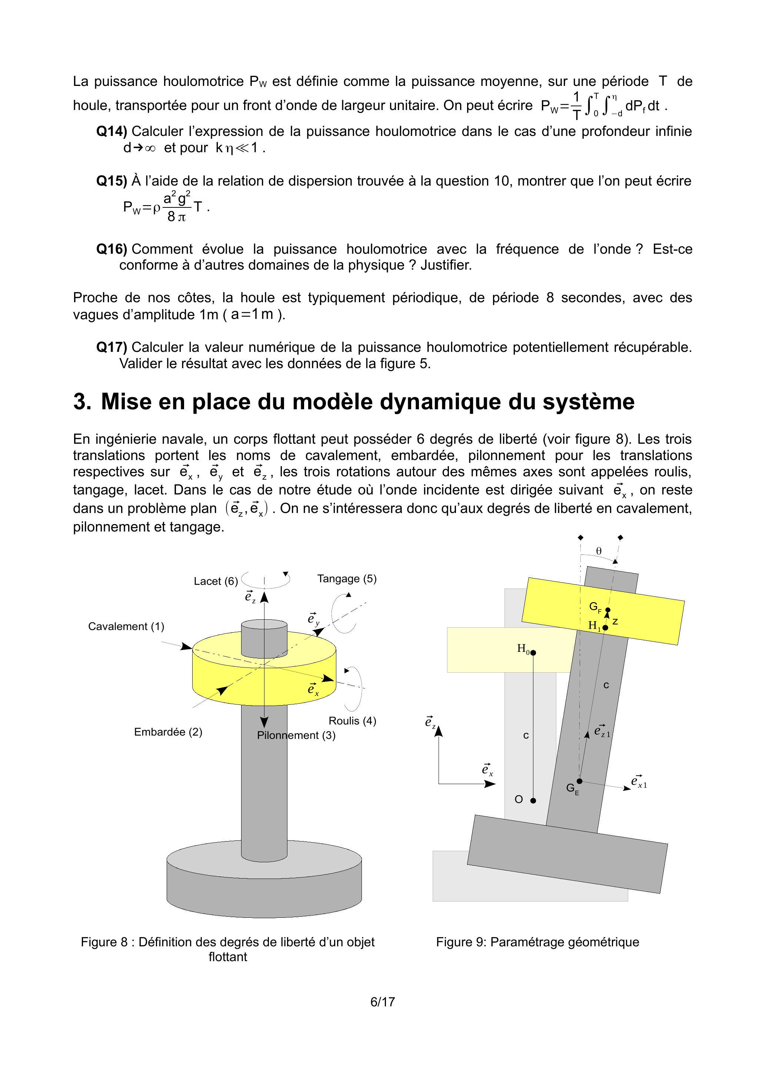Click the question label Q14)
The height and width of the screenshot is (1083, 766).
(112, 131)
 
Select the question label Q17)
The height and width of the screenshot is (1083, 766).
(112, 347)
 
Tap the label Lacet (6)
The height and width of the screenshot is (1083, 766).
(216, 581)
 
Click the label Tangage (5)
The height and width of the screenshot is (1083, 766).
(347, 579)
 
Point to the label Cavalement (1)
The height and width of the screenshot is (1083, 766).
(126, 626)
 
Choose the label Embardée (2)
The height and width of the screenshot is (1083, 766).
(168, 732)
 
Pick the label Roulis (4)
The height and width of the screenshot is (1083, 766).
(352, 721)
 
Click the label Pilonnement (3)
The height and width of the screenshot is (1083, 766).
(296, 735)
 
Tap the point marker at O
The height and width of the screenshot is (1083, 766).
(533, 800)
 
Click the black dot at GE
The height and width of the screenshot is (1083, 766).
(580, 781)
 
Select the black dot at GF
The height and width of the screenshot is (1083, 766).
(607, 610)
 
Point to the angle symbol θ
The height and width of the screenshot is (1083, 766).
(599, 551)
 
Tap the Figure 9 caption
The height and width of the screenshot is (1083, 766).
(537, 942)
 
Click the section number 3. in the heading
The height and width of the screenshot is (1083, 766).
(82, 401)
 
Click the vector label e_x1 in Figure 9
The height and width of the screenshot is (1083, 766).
(639, 782)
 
